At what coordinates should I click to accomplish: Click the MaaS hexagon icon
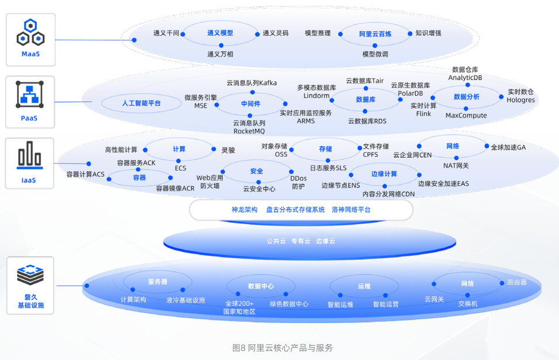pos(31,33)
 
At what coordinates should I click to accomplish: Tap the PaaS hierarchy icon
pos(30,95)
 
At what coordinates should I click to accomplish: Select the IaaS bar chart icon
pos(29,156)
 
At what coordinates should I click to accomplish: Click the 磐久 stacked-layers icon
pos(30,276)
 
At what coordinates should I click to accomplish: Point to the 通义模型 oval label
pos(220,33)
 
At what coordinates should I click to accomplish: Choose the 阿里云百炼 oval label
pos(375,34)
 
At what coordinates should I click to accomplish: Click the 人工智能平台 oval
pos(141,104)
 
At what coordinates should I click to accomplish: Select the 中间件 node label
pos(250,104)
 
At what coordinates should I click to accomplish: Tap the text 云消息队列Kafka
pos(252,83)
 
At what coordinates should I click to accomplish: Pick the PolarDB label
pos(410,93)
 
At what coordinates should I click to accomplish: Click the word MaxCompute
pos(466,115)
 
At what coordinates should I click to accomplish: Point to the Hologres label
pos(520,100)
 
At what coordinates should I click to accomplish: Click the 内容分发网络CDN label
pos(388,194)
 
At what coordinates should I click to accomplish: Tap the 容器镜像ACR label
pos(175,188)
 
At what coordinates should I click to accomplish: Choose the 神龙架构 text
pos(244,210)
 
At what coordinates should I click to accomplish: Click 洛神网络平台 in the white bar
pos(351,210)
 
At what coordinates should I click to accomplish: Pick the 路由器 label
pos(516,282)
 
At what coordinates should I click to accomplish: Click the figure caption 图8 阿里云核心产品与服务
pos(282,348)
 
